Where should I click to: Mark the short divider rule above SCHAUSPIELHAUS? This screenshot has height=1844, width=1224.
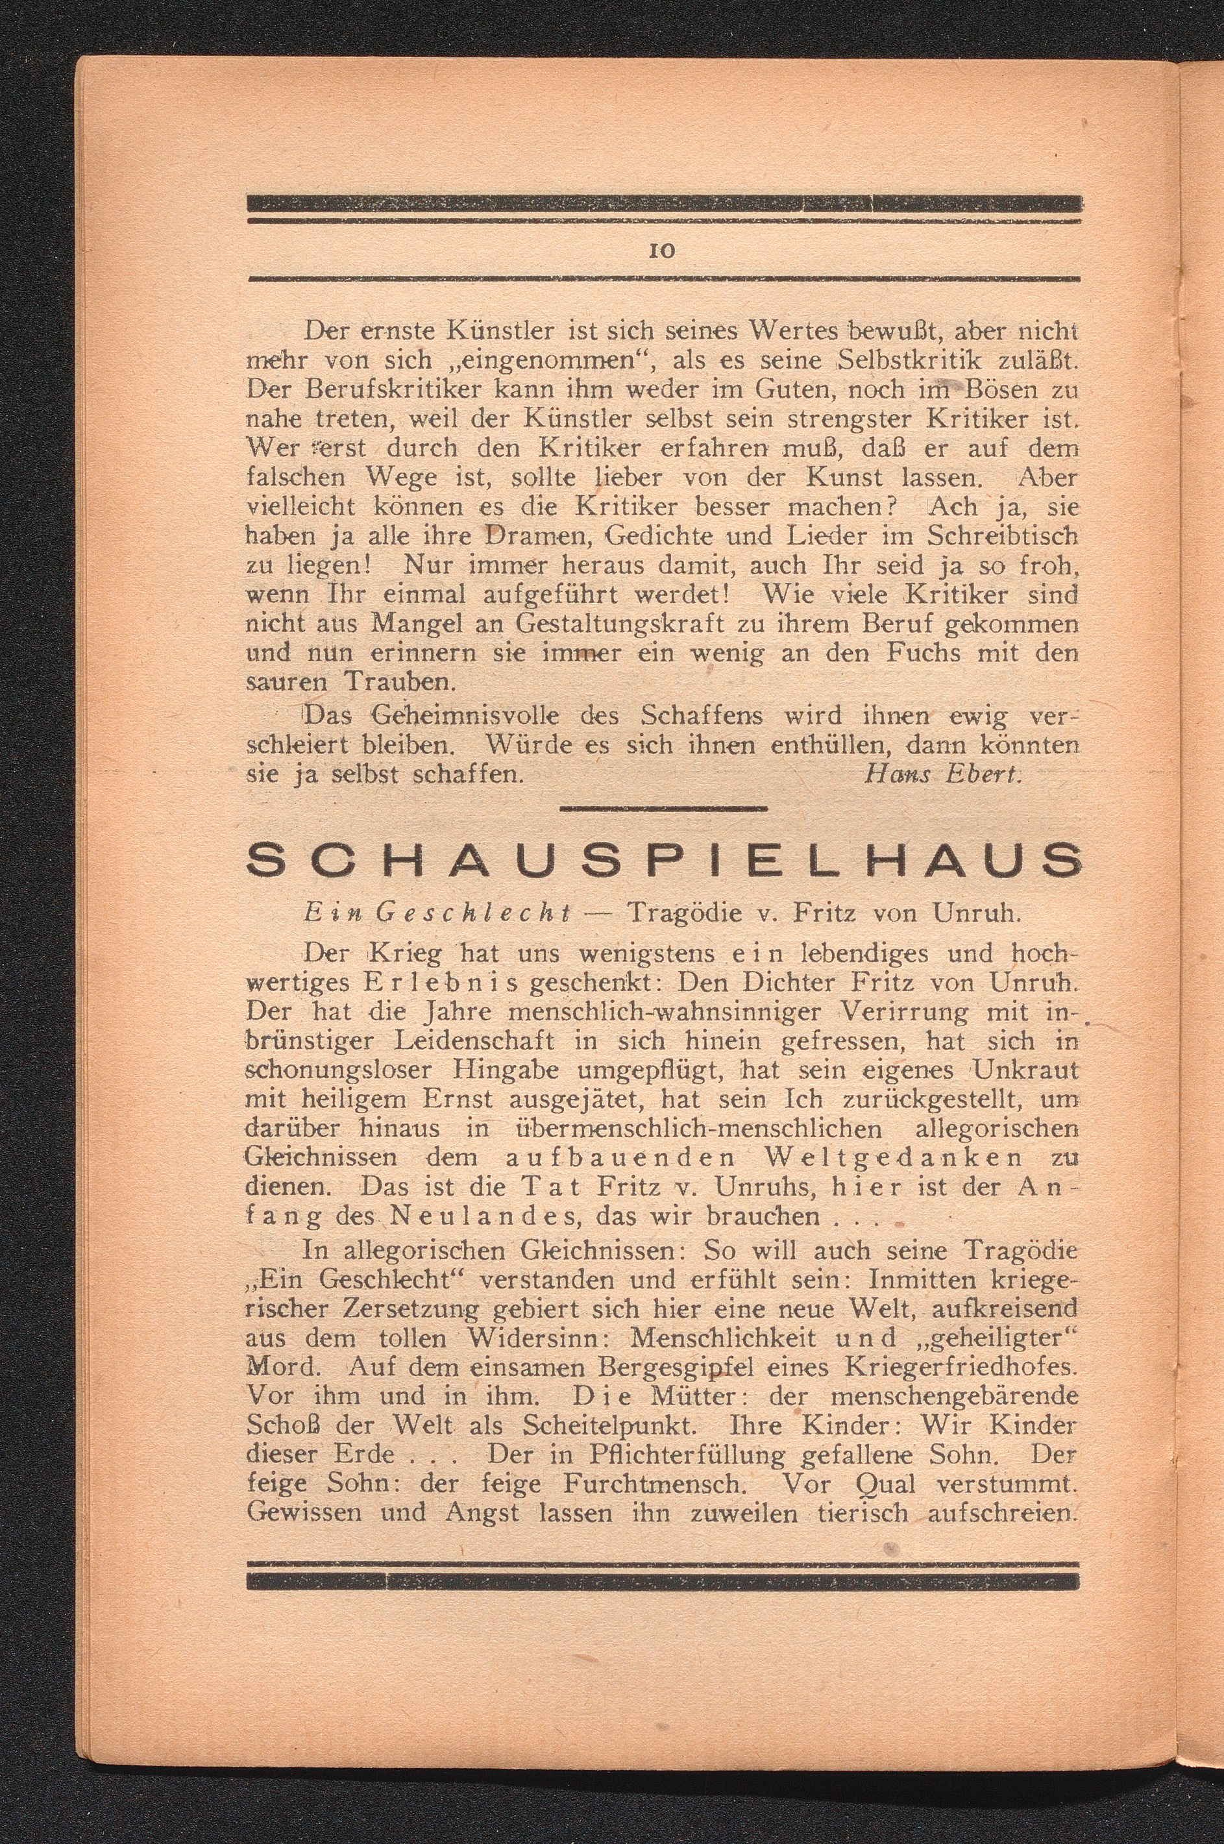click(663, 809)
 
